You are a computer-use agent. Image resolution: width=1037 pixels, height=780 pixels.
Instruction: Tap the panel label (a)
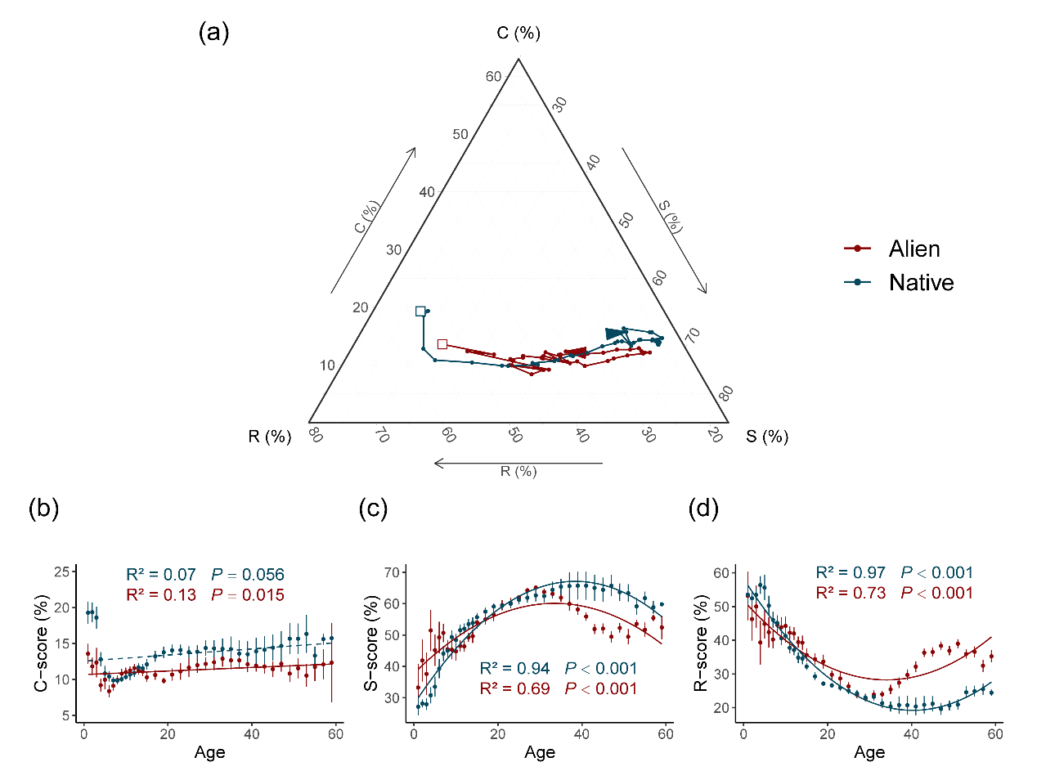tap(213, 33)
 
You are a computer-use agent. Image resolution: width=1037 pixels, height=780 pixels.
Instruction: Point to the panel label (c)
tap(373, 509)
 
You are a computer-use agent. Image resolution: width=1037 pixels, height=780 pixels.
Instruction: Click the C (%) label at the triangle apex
tap(518, 33)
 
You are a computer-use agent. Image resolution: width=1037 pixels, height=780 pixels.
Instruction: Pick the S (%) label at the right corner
tap(766, 437)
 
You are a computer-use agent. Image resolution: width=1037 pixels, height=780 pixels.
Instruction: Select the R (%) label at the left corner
tap(270, 437)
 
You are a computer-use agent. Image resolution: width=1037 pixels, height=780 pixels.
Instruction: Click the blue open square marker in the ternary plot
tap(420, 312)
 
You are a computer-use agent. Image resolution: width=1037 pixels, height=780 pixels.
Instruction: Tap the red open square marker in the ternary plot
tap(442, 344)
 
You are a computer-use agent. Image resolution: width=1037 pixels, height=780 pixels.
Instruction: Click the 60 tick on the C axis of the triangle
tap(493, 77)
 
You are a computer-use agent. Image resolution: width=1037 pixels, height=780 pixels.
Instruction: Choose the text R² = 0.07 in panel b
tap(161, 575)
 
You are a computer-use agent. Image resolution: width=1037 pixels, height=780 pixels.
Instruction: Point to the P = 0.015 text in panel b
tap(248, 595)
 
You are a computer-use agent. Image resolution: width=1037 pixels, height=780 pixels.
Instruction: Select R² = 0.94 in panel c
tap(514, 669)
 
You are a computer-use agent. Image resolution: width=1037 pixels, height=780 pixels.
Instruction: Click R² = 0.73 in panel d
tap(851, 594)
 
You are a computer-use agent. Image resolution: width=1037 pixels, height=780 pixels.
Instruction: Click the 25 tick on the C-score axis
tap(62, 572)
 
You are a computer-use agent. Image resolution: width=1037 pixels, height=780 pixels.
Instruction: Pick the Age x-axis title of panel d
tap(869, 752)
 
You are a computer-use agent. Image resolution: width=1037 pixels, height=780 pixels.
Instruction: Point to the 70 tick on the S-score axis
tap(393, 572)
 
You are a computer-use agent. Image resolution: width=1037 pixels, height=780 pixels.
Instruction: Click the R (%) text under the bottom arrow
tap(518, 471)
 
